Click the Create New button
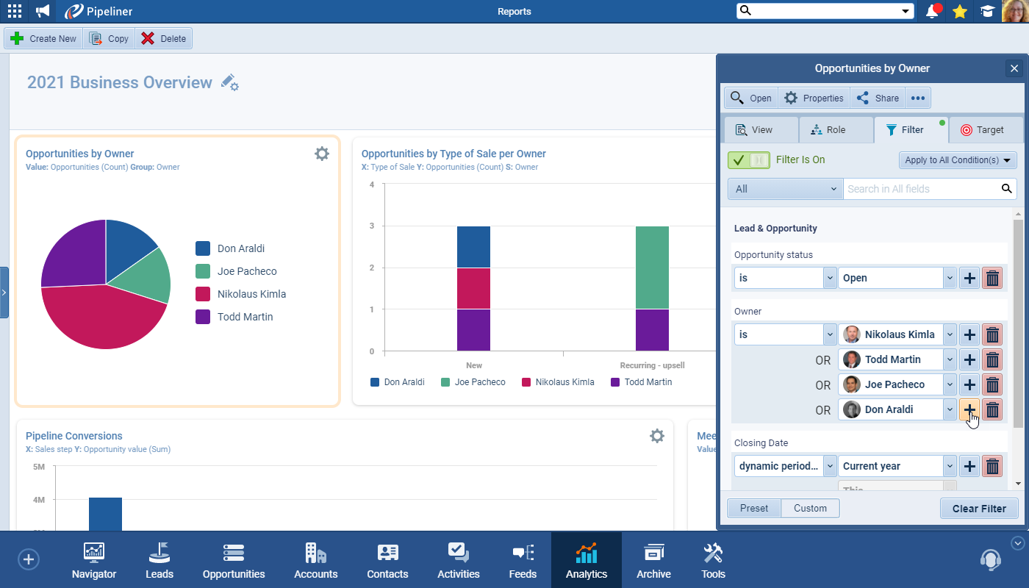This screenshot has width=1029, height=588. coord(44,39)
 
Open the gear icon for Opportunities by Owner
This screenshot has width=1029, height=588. coord(322,154)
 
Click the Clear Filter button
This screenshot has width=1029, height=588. coord(979,509)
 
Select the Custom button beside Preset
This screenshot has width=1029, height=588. coord(810,508)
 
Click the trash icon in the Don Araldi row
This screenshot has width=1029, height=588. coord(992,410)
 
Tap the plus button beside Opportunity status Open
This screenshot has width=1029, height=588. coord(969,278)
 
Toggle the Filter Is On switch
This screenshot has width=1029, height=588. coord(748,159)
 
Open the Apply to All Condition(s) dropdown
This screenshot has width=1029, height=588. coord(957,159)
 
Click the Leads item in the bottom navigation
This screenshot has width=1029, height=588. coord(159,560)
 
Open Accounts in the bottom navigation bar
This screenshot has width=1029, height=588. coord(316,560)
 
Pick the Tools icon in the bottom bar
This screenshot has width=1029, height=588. coord(713,560)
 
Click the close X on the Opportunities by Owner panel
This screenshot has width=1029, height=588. coord(1014,68)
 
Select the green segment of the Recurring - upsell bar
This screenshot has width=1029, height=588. coord(652,268)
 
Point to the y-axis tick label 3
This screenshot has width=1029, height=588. coord(372,226)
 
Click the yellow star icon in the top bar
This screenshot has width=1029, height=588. coord(959,11)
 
